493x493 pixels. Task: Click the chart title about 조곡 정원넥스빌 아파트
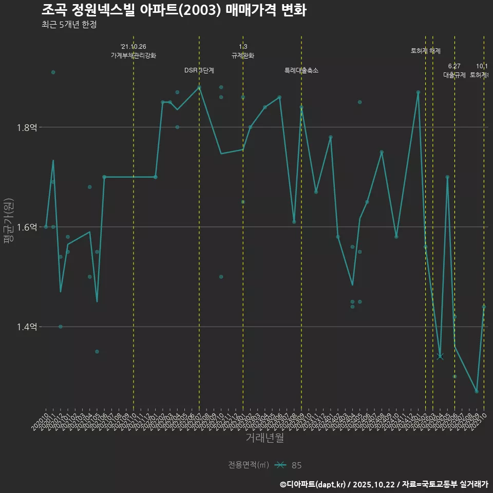pyautogui.click(x=174, y=10)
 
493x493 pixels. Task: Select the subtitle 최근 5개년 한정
pyautogui.click(x=69, y=24)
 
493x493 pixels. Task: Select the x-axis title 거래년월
pyautogui.click(x=264, y=438)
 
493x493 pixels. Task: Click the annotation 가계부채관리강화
pyautogui.click(x=134, y=55)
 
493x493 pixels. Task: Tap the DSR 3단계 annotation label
pyautogui.click(x=199, y=70)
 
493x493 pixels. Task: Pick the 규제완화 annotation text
pyautogui.click(x=243, y=55)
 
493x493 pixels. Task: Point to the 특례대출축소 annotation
pyautogui.click(x=301, y=70)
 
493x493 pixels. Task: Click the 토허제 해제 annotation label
pyautogui.click(x=426, y=51)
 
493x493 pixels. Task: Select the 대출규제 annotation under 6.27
pyautogui.click(x=454, y=75)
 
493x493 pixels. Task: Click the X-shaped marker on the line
pyautogui.click(x=440, y=356)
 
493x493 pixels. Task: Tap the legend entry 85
pyautogui.click(x=296, y=465)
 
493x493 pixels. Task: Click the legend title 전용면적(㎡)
pyautogui.click(x=249, y=465)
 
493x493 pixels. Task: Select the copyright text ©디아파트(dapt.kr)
pyautogui.click(x=313, y=484)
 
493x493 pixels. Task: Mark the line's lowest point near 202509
pyautogui.click(x=477, y=391)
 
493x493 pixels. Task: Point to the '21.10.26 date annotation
pyautogui.click(x=134, y=47)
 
